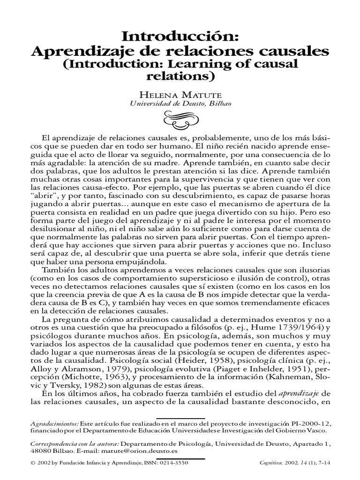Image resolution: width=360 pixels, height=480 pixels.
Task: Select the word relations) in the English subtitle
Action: pyautogui.click(x=180, y=75)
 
